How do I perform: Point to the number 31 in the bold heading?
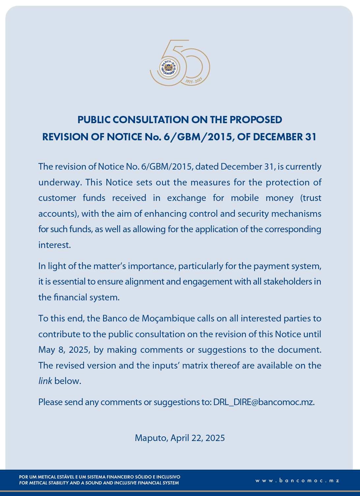pyautogui.click(x=311, y=137)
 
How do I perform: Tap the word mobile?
pyautogui.click(x=245, y=198)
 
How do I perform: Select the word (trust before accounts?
pyautogui.click(x=311, y=198)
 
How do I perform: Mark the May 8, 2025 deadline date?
pyautogui.click(x=64, y=350)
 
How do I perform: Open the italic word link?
pyautogui.click(x=45, y=381)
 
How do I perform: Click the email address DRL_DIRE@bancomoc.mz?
pyautogui.click(x=264, y=402)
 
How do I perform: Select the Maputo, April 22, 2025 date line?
pyautogui.click(x=180, y=438)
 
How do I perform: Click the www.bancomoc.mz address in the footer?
pyautogui.click(x=297, y=481)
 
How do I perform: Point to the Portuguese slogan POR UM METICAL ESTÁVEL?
pyautogui.click(x=99, y=477)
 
